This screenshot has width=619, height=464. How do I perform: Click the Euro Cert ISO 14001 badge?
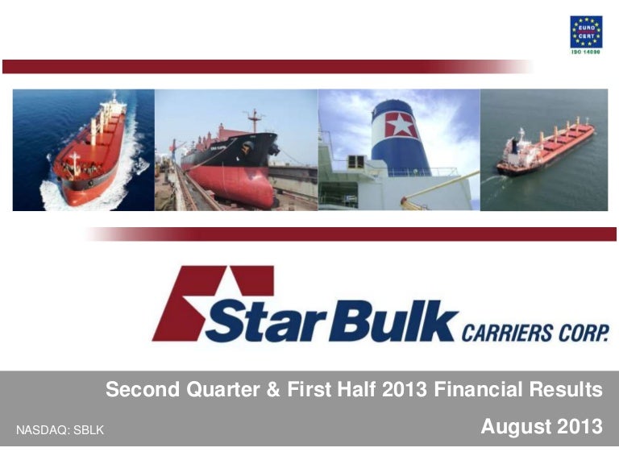[x=586, y=35]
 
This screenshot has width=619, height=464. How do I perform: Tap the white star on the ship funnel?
[x=401, y=126]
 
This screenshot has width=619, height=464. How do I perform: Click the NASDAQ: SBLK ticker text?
[x=60, y=431]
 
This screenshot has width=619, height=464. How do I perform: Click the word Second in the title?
[x=141, y=391]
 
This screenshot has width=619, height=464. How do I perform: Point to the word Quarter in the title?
[x=223, y=391]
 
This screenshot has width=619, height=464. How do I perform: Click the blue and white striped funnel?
[x=401, y=137]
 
